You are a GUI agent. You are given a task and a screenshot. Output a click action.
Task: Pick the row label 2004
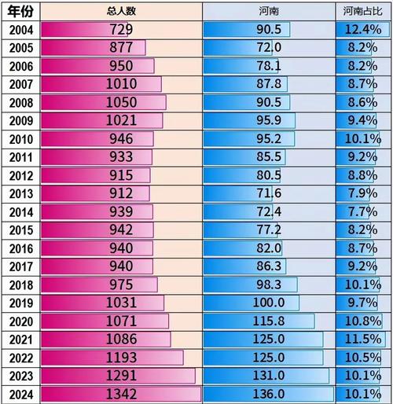click(x=18, y=30)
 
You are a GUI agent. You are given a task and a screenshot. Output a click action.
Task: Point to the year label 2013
click(x=18, y=193)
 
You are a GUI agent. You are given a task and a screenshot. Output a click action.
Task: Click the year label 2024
click(x=18, y=394)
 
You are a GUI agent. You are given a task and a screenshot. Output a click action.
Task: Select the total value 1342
click(x=121, y=394)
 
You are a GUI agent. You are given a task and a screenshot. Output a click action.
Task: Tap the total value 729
click(x=121, y=30)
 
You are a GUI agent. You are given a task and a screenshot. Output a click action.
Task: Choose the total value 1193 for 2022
click(x=121, y=358)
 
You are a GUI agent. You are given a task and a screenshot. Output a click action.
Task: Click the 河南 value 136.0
click(x=268, y=394)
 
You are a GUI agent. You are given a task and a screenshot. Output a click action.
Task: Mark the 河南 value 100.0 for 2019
click(x=268, y=303)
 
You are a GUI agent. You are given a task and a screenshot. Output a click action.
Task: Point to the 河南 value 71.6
click(x=268, y=193)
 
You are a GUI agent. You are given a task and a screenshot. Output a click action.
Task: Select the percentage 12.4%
click(x=363, y=30)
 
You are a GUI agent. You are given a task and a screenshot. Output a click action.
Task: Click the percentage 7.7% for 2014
click(x=363, y=211)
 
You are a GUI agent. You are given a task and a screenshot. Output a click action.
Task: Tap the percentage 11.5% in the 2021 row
click(x=363, y=339)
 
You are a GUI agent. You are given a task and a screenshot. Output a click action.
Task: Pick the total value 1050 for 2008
click(x=121, y=102)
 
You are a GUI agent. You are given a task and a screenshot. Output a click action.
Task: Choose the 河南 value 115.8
click(x=268, y=321)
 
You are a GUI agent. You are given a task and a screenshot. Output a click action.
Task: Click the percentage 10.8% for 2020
click(x=363, y=321)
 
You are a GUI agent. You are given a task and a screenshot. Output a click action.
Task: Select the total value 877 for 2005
click(x=121, y=48)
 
